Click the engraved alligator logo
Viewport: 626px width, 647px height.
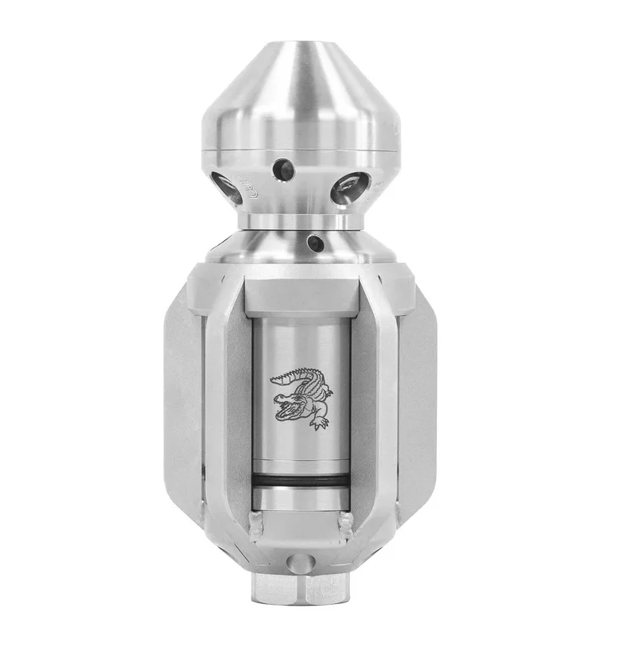tap(300, 395)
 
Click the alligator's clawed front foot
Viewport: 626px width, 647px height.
tap(320, 423)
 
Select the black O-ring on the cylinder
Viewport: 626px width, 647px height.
tap(300, 480)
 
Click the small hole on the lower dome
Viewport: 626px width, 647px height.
tap(315, 242)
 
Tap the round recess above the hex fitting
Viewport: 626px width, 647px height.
tap(297, 563)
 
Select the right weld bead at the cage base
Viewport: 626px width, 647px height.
tap(347, 523)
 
